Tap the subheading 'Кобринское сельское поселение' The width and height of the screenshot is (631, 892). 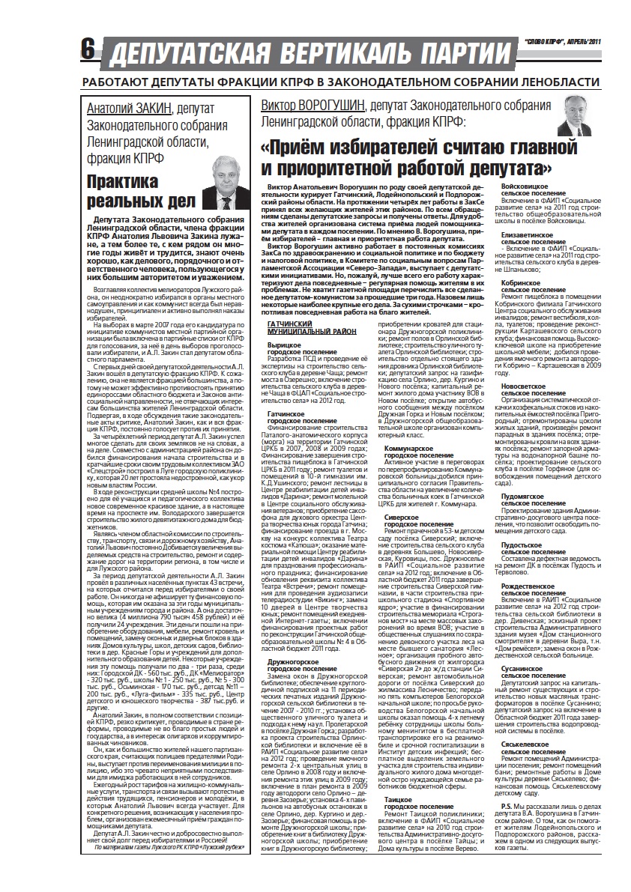coord(528,287)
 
